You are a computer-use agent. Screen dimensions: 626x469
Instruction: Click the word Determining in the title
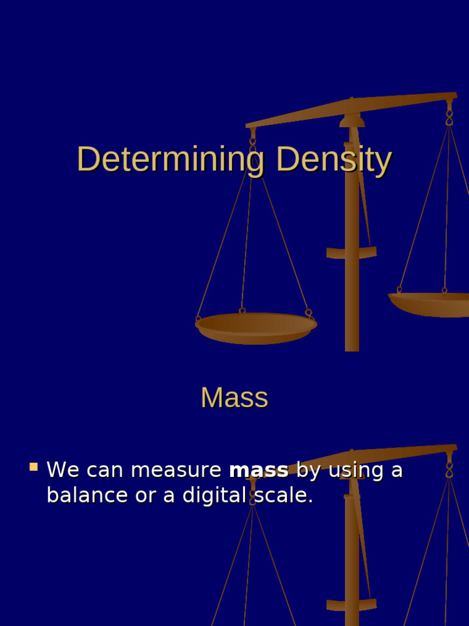[x=170, y=160]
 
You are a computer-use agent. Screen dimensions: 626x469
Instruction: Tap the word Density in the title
[x=333, y=160]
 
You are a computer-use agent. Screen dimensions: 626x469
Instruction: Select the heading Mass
[x=234, y=398]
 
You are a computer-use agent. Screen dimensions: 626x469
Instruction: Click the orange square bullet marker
[x=34, y=468]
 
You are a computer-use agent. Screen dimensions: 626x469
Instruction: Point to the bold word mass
[x=258, y=470]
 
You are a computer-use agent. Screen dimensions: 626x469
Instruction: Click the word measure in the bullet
[x=176, y=470]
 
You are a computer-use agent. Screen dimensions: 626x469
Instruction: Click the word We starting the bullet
[x=63, y=470]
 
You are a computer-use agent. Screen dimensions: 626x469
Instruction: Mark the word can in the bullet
[x=106, y=470]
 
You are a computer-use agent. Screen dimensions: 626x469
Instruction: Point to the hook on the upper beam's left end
[x=252, y=139]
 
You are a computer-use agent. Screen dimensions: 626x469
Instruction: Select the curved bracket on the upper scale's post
[x=351, y=252]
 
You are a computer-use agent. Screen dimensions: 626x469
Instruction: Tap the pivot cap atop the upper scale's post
[x=352, y=120]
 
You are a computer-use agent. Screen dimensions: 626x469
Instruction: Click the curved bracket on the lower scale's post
[x=351, y=605]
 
